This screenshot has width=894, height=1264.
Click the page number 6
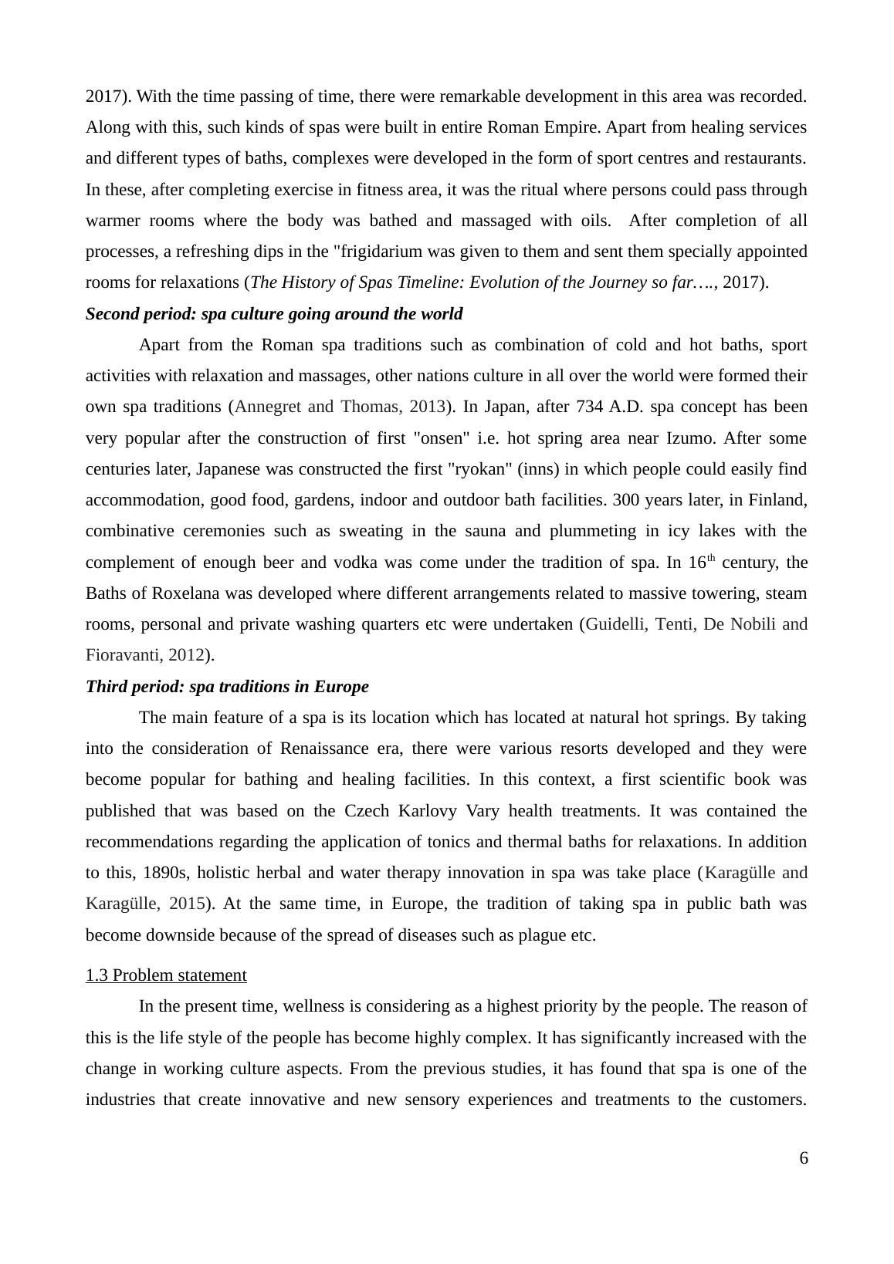(x=804, y=1158)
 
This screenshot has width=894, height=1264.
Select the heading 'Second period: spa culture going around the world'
(x=274, y=314)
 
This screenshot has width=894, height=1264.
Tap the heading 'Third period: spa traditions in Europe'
(x=227, y=687)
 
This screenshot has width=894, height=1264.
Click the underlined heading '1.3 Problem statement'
(x=166, y=975)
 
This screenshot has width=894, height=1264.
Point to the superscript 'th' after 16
(x=711, y=559)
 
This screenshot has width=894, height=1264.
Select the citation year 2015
(x=186, y=904)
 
